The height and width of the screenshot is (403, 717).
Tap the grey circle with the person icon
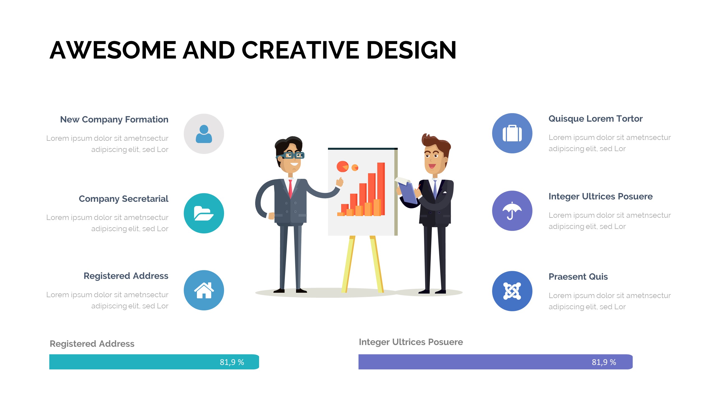(204, 134)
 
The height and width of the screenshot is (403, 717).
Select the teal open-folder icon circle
(204, 213)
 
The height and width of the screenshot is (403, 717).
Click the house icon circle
(204, 290)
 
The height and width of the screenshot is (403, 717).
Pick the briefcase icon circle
(512, 133)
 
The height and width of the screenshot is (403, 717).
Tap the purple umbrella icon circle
(512, 211)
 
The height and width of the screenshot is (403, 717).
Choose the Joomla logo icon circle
(512, 291)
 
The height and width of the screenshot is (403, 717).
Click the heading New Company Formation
(114, 120)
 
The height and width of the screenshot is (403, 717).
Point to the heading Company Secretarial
(124, 199)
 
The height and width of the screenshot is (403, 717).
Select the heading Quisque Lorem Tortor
(595, 119)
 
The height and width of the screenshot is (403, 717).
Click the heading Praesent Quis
(578, 277)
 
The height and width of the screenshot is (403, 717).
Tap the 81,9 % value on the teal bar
(232, 362)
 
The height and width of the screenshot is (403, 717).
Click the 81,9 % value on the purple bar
(604, 362)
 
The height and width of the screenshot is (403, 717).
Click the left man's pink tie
(290, 189)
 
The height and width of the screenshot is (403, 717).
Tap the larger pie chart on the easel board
(343, 167)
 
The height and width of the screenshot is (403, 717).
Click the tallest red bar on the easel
(381, 189)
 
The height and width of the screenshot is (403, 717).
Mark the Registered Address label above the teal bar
(92, 344)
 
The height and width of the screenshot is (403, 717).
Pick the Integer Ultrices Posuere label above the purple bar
(411, 342)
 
